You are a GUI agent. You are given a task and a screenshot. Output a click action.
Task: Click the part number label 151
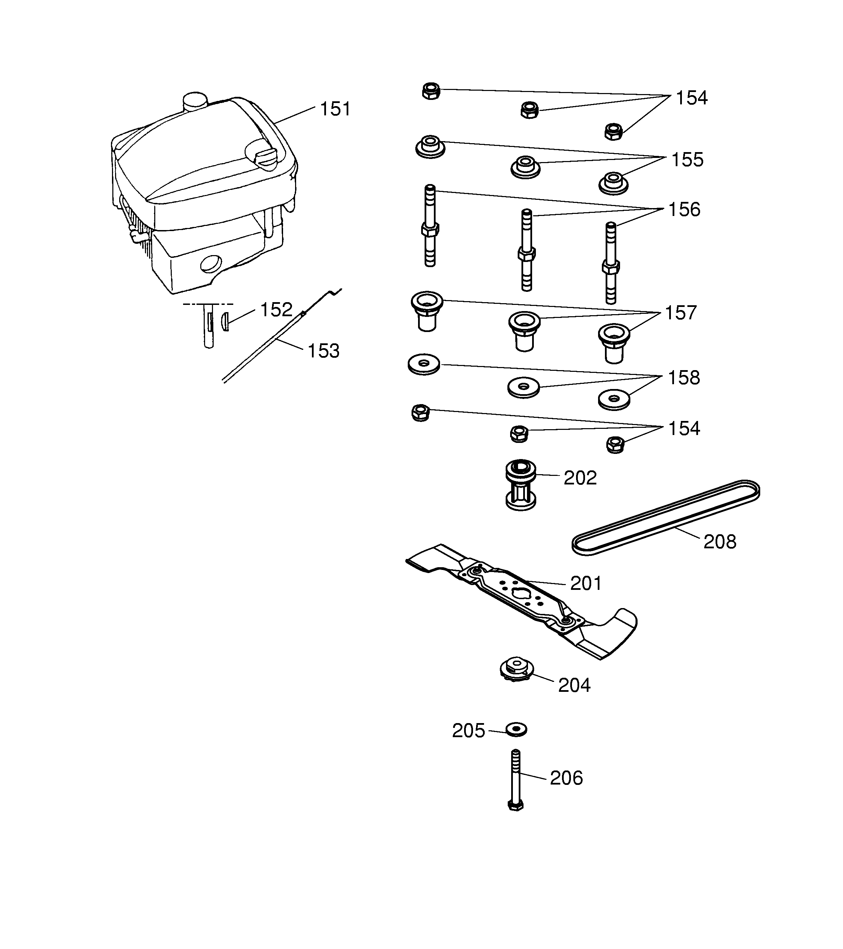point(335,109)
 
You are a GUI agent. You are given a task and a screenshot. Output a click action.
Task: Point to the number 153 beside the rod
point(324,351)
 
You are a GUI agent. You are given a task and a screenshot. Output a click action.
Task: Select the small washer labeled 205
point(516,729)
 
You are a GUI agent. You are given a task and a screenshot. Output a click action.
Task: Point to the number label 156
point(684,210)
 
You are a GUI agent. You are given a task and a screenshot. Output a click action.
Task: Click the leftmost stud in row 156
point(430,226)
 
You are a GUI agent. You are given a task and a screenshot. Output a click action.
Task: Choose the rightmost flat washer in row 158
point(614,399)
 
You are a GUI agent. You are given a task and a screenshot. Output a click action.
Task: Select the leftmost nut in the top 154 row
point(431,91)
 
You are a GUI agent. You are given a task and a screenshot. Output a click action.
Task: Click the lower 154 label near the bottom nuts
point(684,428)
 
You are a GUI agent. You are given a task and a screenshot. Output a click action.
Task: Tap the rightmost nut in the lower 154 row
point(615,444)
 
